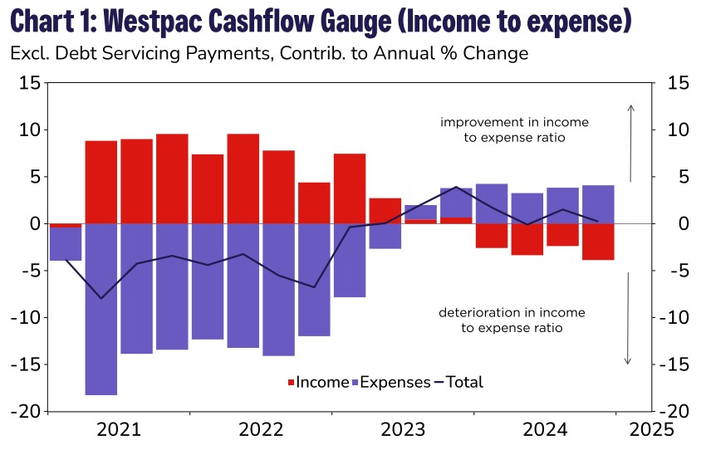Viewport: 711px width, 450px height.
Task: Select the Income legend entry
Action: point(318,382)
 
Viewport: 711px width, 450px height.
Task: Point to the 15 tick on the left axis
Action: point(30,83)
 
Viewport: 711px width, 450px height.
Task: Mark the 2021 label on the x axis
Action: point(119,430)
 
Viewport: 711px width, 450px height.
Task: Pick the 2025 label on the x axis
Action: point(651,430)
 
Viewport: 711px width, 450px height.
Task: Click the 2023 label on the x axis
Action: point(403,430)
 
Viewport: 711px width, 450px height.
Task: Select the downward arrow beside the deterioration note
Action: point(628,319)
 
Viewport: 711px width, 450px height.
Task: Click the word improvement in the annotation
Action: point(478,122)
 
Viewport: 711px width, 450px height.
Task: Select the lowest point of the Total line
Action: point(101,298)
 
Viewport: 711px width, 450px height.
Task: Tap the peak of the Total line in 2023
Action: point(457,187)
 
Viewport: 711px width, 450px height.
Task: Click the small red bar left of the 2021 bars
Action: point(66,225)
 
